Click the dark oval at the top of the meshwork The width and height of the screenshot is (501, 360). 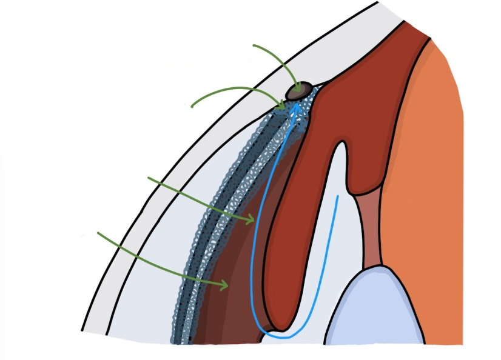[300, 90]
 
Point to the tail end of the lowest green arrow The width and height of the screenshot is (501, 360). [98, 233]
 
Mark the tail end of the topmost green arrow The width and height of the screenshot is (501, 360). [254, 45]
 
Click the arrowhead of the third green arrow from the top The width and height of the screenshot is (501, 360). [254, 220]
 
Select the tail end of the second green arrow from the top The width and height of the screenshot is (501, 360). [192, 107]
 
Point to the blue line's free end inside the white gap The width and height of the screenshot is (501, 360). [338, 196]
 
